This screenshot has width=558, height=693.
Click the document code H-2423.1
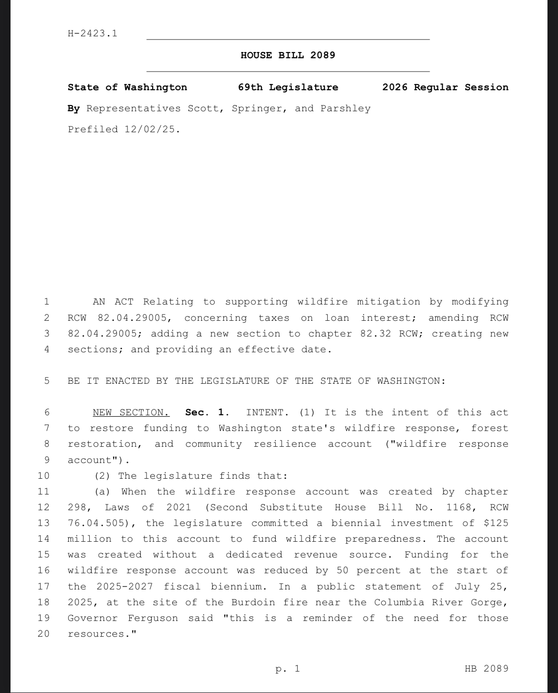(x=93, y=33)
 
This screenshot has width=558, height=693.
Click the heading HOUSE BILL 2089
(x=288, y=55)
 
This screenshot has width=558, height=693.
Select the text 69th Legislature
(x=288, y=87)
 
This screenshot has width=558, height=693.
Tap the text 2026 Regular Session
(x=445, y=87)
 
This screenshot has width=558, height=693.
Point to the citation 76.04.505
(x=96, y=523)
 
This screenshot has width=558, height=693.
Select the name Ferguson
(x=153, y=618)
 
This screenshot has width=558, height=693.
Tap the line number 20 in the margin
(x=43, y=634)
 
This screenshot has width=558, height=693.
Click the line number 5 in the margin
(x=46, y=381)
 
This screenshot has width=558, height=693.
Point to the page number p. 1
(x=288, y=669)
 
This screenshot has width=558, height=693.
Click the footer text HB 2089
(x=486, y=669)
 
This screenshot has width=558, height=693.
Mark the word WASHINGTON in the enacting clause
(x=411, y=381)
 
